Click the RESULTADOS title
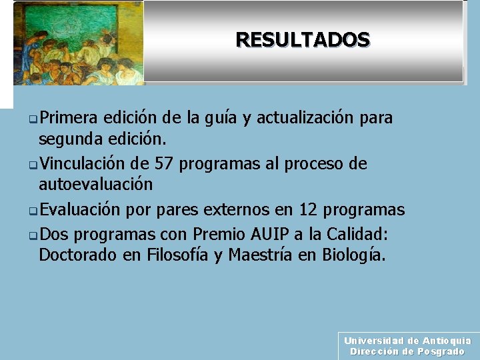[x=303, y=40]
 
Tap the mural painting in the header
[x=79, y=43]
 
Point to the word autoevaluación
[x=95, y=184]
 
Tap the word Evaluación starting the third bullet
[x=79, y=210]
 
